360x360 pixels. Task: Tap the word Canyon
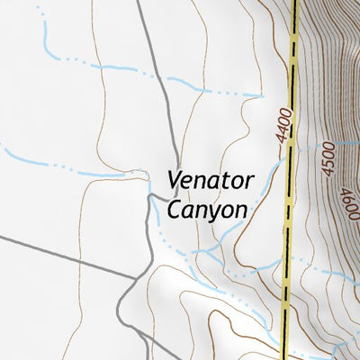coord(206,210)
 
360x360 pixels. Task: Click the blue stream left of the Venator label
coord(72,169)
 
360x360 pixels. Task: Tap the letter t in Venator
coord(225,181)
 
